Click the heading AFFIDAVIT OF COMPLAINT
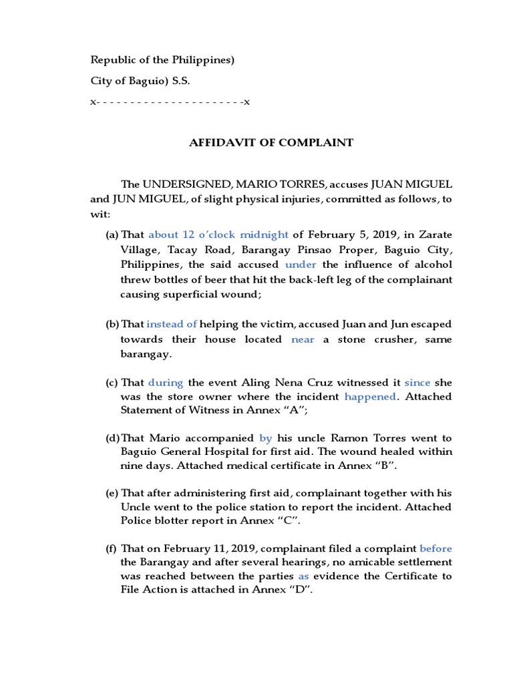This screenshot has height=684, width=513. pos(271,142)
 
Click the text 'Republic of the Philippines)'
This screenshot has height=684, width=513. pos(162,60)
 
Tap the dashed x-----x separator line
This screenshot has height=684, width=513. pos(170,102)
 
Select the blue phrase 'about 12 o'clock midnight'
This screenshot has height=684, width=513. pos(218,234)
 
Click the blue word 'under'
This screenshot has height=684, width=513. pos(300,264)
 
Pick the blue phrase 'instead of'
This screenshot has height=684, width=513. pos(172,324)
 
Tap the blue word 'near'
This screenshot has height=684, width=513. pos(302,339)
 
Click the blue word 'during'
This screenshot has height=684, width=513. pos(165,383)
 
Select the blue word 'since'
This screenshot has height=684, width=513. pos(417,383)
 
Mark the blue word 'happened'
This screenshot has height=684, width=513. pos(369,397)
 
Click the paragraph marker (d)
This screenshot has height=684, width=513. pos(112,438)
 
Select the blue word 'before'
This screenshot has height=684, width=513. pos(436,548)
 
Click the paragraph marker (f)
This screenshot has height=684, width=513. pos(111,548)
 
